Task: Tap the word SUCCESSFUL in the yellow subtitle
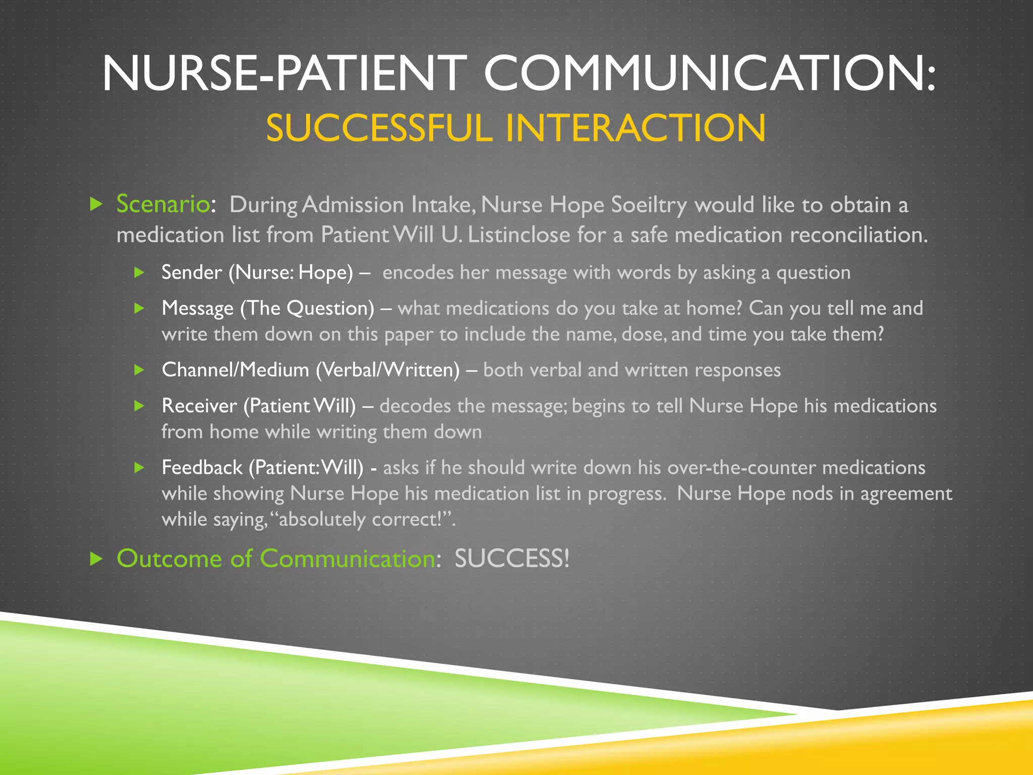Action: pos(379,128)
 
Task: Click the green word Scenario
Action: pos(162,204)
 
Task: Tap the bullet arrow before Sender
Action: pos(140,273)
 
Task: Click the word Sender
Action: pos(192,273)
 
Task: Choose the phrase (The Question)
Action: pos(307,308)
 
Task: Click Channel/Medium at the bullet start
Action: pos(235,370)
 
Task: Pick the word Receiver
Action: pos(199,406)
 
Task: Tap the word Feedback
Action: pos(202,468)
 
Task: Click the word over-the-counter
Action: pos(741,468)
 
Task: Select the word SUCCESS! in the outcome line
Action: pos(512,559)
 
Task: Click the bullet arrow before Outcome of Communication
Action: pos(96,559)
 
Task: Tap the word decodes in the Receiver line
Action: pos(415,406)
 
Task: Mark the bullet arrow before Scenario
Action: pos(96,204)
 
